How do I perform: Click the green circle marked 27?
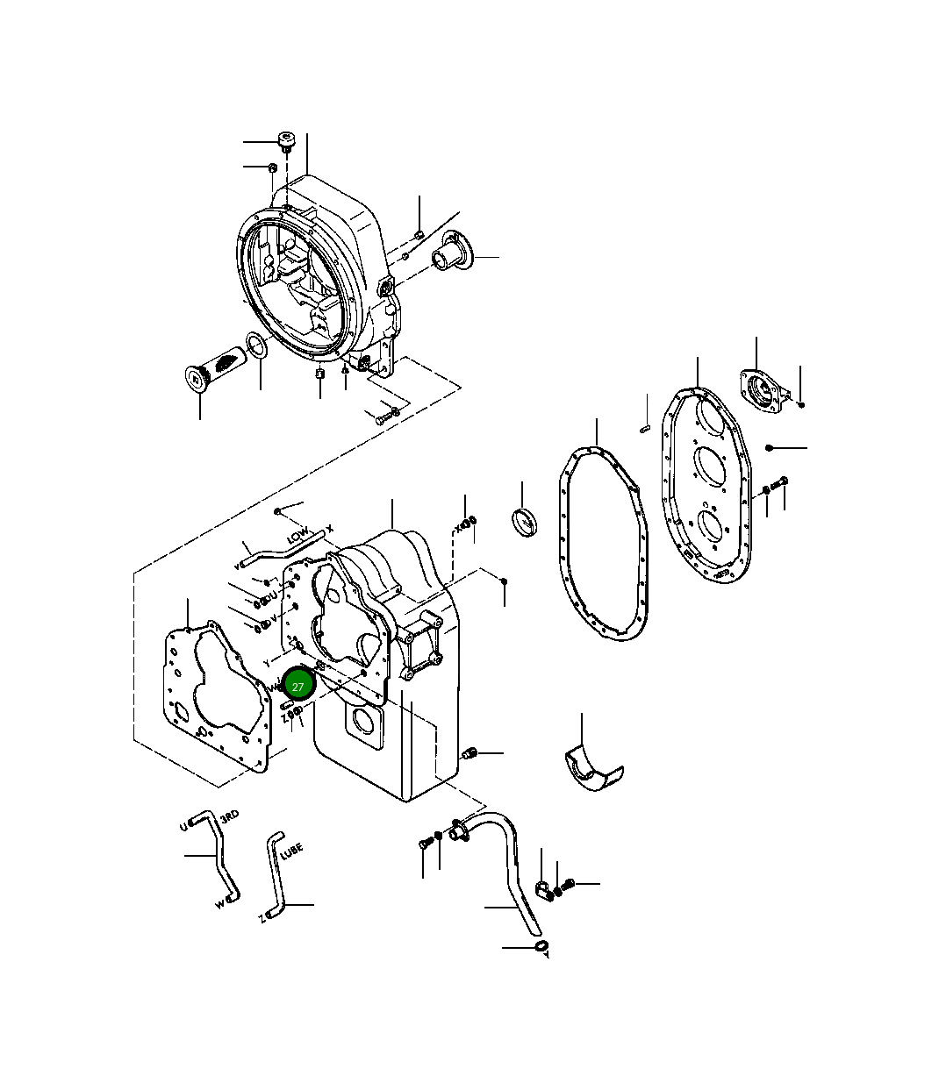(x=298, y=686)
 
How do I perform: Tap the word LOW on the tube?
(x=297, y=534)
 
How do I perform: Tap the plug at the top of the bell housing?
(x=287, y=139)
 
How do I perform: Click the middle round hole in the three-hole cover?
(x=709, y=465)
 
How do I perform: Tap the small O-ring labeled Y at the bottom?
(x=541, y=946)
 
